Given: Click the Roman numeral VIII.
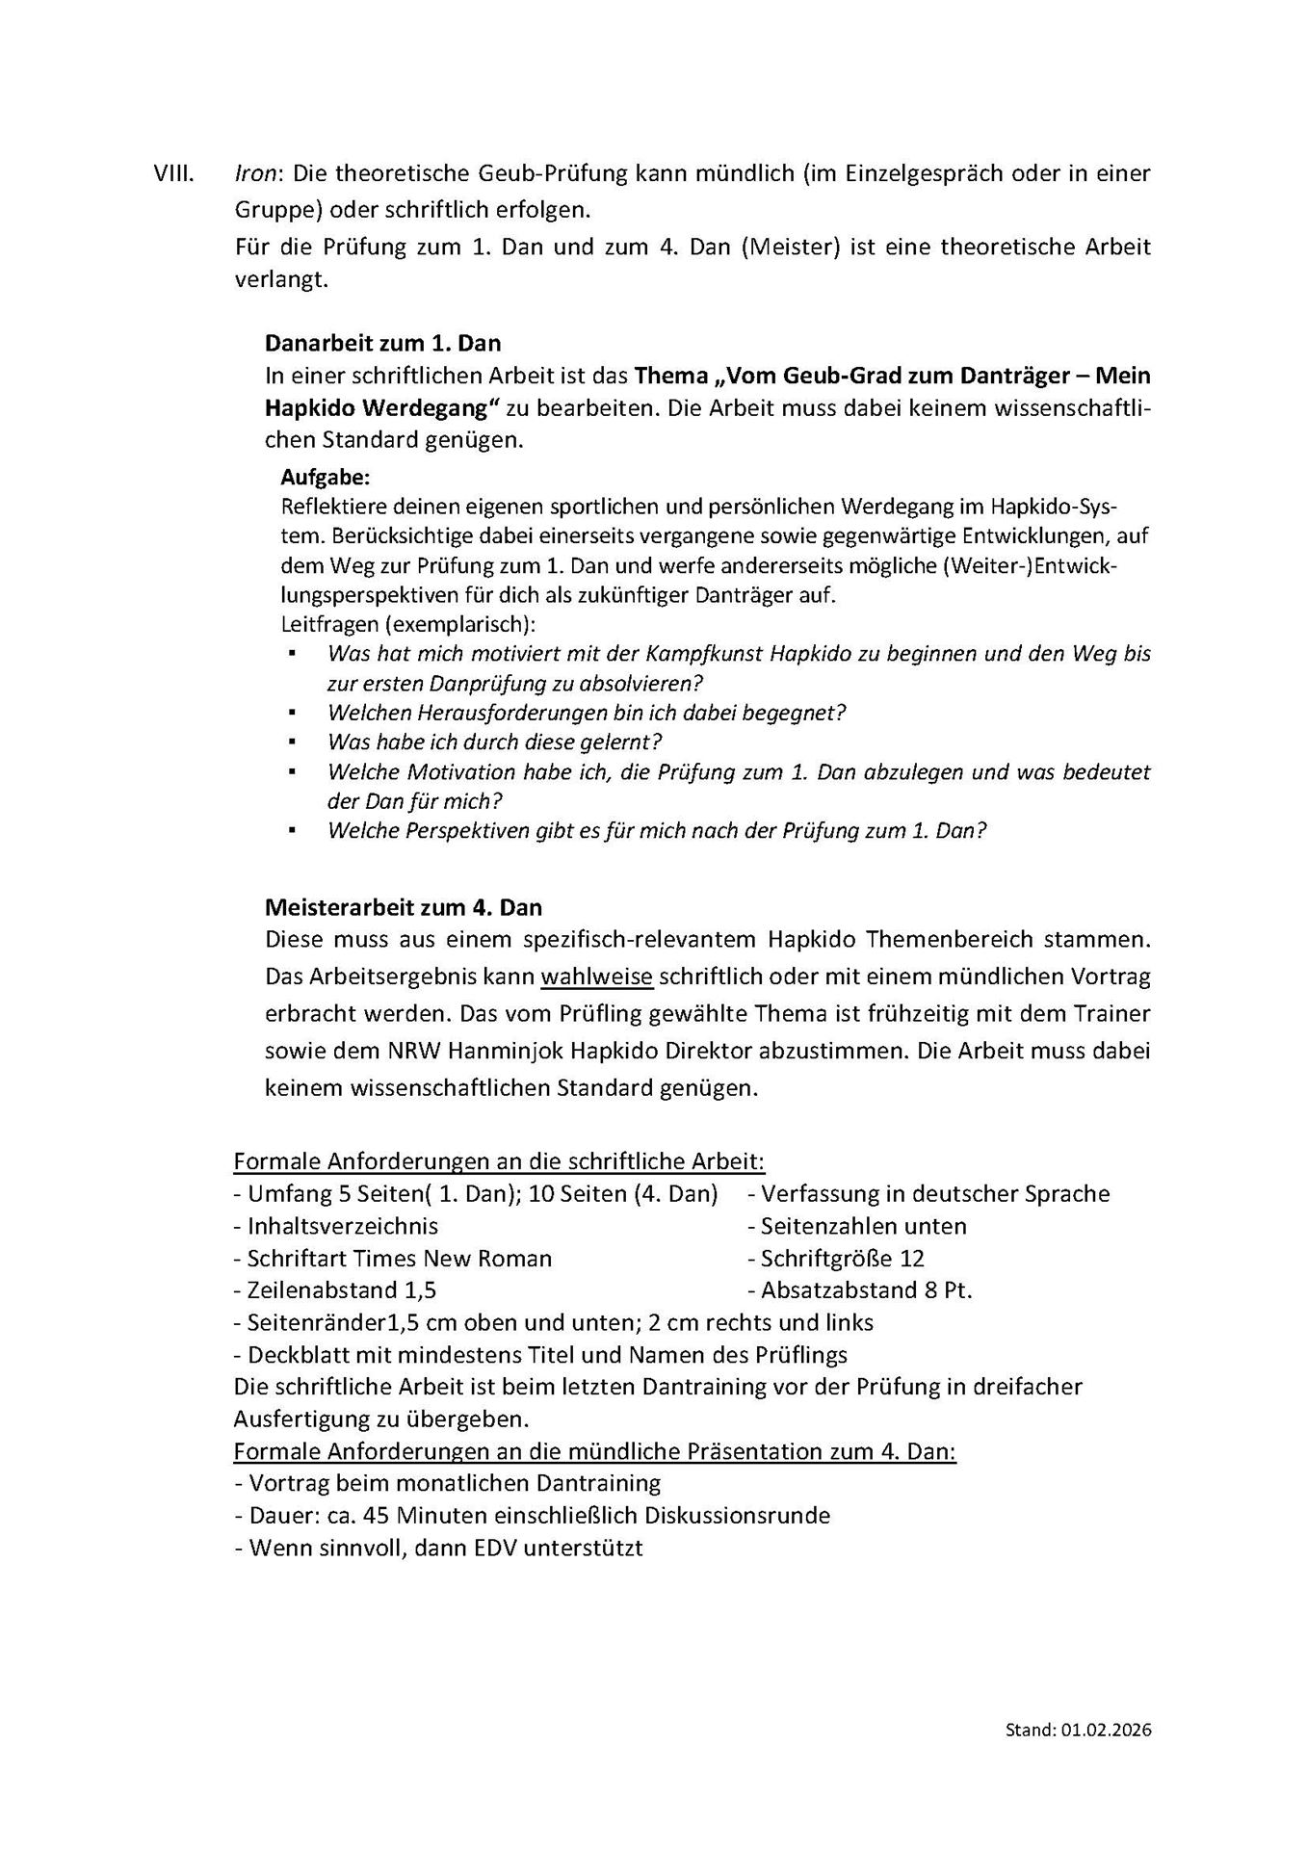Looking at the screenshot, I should coord(173,174).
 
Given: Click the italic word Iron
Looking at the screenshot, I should coord(255,174).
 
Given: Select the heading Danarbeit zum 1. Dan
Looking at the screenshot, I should coord(382,343).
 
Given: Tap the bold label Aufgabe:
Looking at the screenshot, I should coord(325,477).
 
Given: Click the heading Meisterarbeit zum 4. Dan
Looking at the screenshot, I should coord(404,907).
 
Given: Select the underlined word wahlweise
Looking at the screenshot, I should coord(597,977).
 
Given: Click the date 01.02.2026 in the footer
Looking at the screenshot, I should coord(1107,1730).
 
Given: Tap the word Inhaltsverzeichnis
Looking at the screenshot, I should coord(343,1226).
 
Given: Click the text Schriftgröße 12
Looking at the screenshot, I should coord(842,1259).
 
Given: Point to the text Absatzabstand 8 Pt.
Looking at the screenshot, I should coord(866,1290).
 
